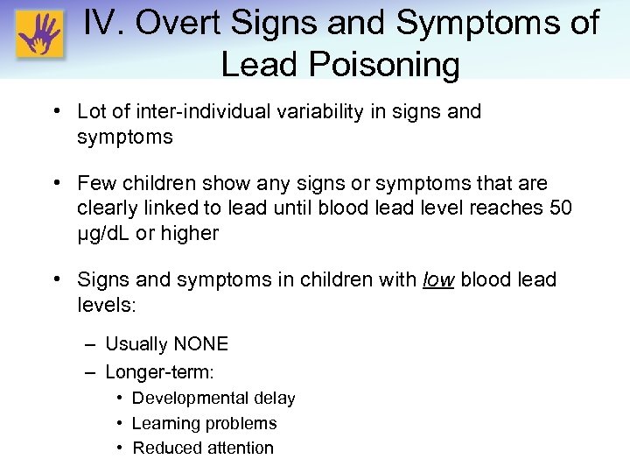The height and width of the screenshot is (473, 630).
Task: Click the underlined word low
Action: pos(437,280)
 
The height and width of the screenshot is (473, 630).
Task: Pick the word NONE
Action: pos(200,344)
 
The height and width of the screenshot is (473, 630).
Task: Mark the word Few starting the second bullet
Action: pos(96,184)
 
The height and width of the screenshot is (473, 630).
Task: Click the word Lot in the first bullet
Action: pos(91,112)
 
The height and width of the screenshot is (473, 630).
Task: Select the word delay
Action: pos(273,399)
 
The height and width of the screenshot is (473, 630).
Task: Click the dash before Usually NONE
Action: pos(90,344)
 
